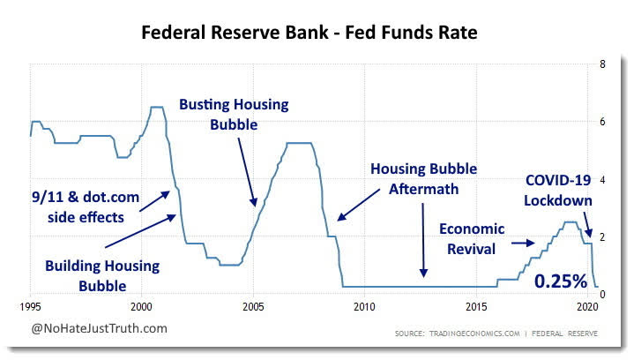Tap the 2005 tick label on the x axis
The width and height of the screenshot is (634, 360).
(x=253, y=309)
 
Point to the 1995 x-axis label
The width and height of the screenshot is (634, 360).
(x=31, y=309)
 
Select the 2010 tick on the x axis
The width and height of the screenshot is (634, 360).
(x=364, y=309)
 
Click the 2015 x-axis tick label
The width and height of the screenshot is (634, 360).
(x=476, y=309)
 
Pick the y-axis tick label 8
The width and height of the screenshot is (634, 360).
(x=601, y=64)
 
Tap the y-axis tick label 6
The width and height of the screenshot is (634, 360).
(x=601, y=122)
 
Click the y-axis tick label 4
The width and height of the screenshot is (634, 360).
(x=601, y=179)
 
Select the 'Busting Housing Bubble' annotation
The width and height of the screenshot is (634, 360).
(x=234, y=115)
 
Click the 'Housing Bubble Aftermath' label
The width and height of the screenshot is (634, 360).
(x=423, y=178)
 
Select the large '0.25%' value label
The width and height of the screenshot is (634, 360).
(x=561, y=281)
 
